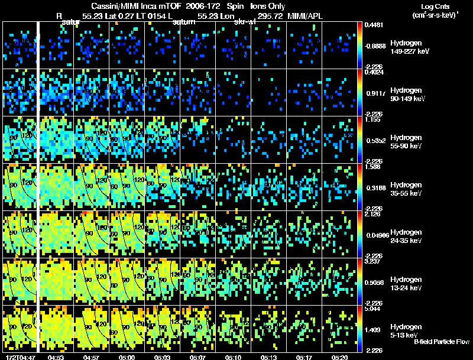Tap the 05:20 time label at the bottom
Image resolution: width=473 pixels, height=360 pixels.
tap(339, 357)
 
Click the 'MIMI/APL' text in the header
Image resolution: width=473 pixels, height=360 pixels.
tap(306, 17)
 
